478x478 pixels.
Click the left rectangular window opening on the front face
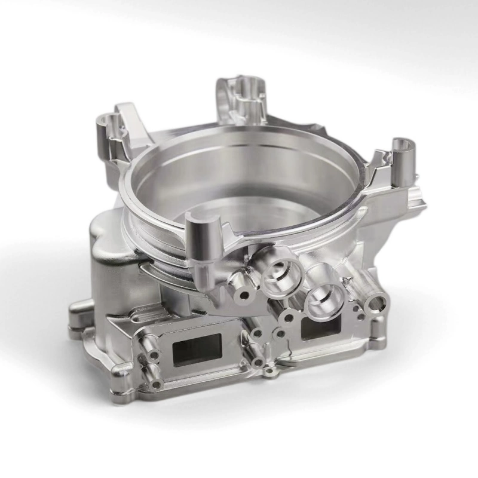pyautogui.click(x=197, y=349)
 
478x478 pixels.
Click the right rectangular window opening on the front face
pyautogui.click(x=321, y=326)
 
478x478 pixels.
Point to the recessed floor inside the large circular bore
pyautogui.click(x=239, y=179)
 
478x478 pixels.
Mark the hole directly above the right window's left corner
pyautogui.click(x=290, y=317)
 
